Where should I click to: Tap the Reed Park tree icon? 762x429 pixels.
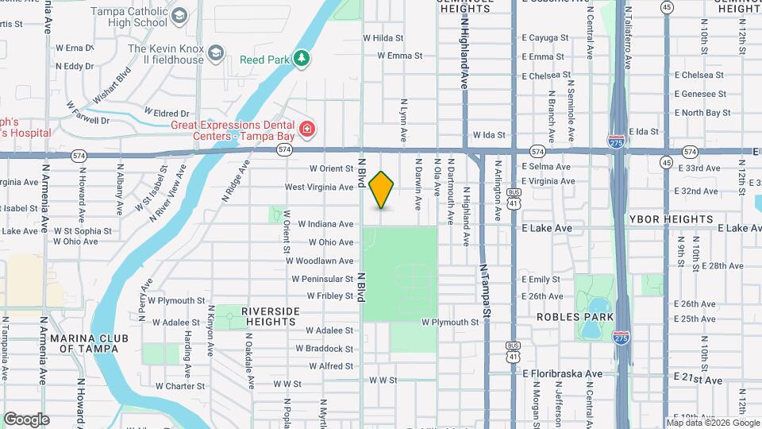(301, 59)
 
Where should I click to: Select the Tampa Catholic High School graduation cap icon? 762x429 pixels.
(180, 16)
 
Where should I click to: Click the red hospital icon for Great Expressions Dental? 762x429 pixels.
(306, 129)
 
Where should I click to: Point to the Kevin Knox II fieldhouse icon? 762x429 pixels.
(215, 54)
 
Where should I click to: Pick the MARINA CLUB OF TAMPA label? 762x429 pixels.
(90, 342)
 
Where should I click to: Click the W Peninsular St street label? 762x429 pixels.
(322, 279)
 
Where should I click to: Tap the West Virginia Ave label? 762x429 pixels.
(319, 187)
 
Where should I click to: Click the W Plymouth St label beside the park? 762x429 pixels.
(450, 323)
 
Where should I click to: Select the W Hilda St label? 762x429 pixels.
(383, 37)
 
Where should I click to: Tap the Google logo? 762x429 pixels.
(26, 419)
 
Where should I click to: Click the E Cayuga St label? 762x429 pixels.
(543, 37)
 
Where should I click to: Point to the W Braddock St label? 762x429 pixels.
(325, 349)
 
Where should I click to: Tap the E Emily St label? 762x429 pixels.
(541, 279)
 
